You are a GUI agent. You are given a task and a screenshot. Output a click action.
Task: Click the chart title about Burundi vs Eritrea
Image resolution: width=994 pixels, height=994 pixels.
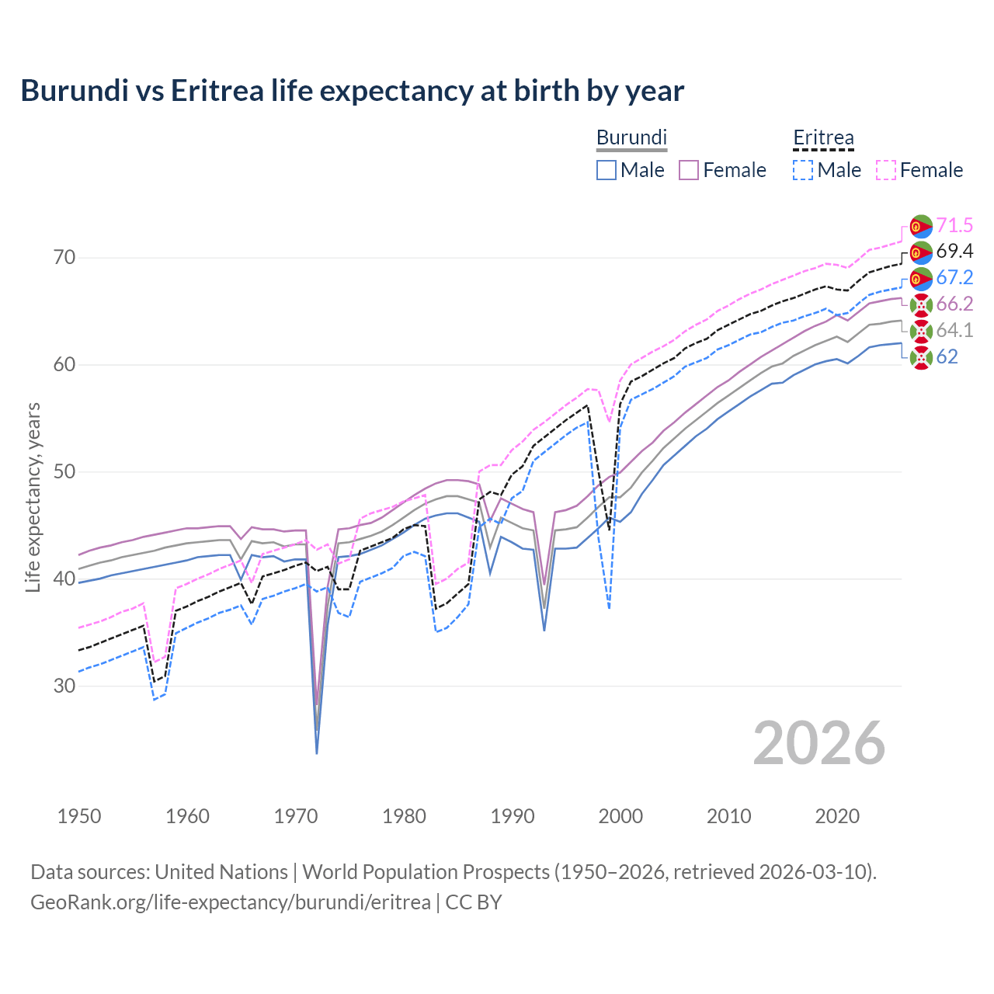pos(352,91)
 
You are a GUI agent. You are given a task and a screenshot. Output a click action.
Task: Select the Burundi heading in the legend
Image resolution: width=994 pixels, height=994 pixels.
pos(631,137)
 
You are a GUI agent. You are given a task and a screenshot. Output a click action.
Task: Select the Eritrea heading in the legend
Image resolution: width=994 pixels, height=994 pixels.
pos(823,137)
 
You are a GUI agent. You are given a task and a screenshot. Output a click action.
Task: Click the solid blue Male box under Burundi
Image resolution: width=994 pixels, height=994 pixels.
pos(606,170)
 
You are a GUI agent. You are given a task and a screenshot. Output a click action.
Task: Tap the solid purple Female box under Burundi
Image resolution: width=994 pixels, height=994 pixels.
pos(689,170)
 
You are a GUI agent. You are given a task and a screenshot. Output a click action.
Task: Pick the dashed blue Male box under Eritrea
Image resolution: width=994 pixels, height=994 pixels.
pos(803,170)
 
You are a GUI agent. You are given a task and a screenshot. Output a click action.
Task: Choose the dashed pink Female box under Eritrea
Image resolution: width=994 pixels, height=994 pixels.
pos(886,170)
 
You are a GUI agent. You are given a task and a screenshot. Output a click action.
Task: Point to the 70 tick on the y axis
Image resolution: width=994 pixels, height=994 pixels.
pos(64,258)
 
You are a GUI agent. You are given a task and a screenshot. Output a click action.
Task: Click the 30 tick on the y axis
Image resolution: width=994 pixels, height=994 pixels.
pos(64,686)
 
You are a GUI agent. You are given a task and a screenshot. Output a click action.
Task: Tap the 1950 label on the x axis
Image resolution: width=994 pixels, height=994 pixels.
pos(79,816)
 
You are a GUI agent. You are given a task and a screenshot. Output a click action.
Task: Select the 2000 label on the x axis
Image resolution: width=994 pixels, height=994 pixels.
pos(620,816)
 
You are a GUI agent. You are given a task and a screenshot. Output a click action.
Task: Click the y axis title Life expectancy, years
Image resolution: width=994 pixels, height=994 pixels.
pos(33,497)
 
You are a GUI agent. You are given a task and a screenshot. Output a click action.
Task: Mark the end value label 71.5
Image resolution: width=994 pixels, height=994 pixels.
pos(954,226)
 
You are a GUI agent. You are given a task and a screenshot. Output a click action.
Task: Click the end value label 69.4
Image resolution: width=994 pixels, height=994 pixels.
pos(954,252)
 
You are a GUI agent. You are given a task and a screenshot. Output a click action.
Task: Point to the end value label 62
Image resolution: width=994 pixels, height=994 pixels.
pos(947,356)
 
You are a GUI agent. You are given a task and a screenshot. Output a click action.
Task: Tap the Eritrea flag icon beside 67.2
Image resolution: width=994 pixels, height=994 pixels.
pos(920,278)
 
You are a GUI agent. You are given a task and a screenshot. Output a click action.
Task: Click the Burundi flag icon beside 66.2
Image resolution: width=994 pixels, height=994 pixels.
pos(920,304)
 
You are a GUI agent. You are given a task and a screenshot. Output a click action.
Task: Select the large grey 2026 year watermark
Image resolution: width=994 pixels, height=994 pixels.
pos(818,743)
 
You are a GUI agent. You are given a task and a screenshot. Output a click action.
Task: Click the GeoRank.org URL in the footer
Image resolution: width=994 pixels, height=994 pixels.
pos(230,902)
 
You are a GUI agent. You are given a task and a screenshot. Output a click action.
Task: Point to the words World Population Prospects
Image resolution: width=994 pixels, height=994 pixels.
pos(426,872)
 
